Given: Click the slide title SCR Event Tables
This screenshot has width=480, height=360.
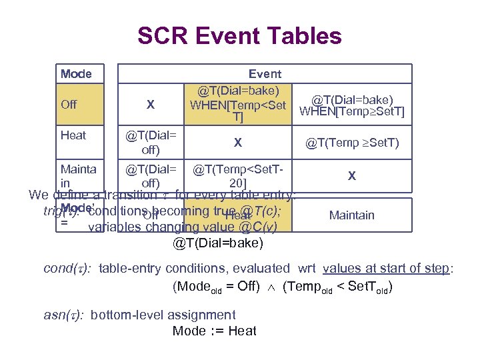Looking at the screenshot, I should click(239, 36).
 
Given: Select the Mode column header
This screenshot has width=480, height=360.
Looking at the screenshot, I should click(76, 74).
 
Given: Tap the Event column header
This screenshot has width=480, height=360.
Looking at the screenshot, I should click(265, 74).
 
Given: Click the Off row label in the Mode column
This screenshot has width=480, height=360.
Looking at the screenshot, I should click(69, 104).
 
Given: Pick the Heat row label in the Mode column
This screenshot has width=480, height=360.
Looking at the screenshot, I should click(73, 135).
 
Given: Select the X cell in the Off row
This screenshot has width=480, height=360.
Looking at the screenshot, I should click(151, 105).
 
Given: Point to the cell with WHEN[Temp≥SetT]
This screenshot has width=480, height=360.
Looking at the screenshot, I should click(352, 105).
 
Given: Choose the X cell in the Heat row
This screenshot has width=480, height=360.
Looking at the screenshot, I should click(238, 142).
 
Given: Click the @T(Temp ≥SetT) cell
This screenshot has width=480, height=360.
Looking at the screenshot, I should click(352, 142).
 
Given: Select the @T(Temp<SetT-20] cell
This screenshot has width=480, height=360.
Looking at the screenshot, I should click(238, 176).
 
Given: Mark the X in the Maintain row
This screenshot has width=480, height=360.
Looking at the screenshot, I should click(352, 177).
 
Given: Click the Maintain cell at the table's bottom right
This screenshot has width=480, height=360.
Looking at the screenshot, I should click(352, 215).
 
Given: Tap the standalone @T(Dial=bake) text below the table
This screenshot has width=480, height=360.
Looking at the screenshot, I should click(218, 243).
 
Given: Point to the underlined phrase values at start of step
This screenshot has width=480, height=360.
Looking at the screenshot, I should click(387, 269).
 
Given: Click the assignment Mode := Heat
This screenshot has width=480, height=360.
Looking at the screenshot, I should click(214, 331).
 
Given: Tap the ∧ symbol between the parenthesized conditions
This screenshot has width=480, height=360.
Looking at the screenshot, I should click(273, 287).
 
